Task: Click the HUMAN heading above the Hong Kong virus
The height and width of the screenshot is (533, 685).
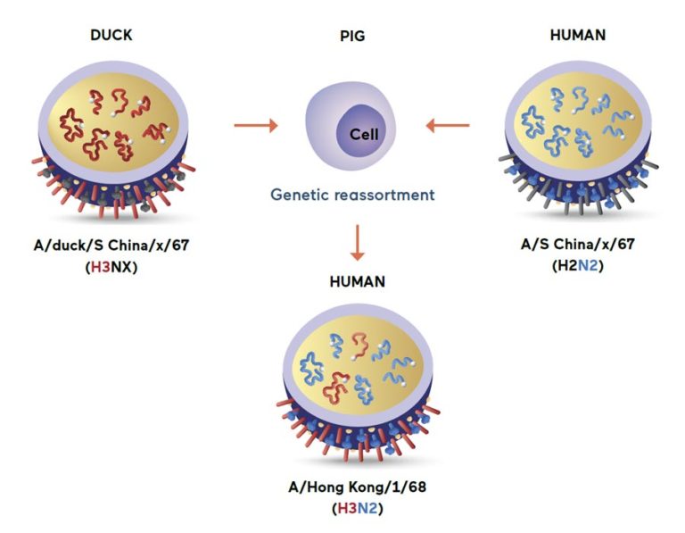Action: [356, 282]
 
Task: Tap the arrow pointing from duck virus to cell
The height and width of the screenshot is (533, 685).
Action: [255, 125]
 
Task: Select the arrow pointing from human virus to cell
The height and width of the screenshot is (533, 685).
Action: [448, 125]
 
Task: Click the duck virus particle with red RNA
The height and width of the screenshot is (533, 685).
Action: [114, 134]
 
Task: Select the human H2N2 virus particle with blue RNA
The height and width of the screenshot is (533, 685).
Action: [579, 134]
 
